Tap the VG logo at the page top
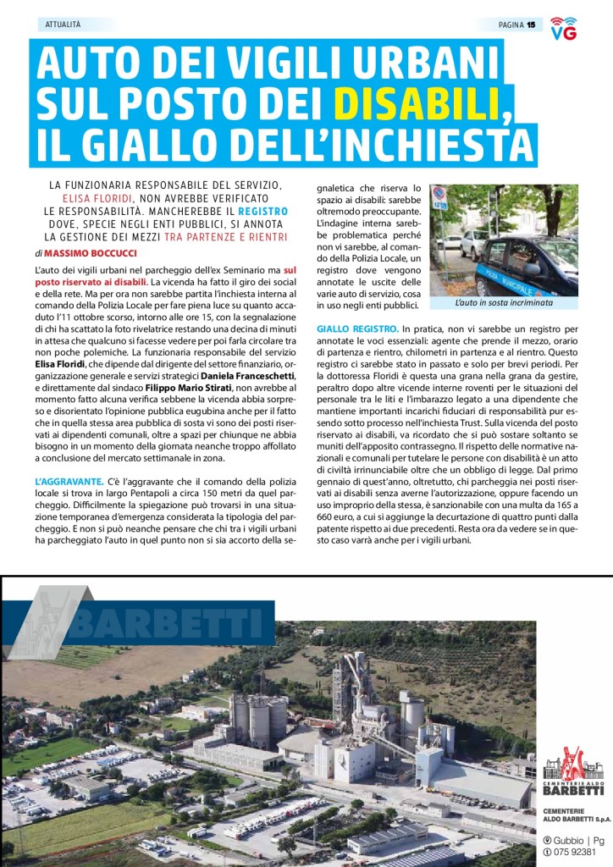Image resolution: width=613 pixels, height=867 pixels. click(x=564, y=28)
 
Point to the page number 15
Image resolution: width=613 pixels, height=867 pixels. click(x=531, y=25)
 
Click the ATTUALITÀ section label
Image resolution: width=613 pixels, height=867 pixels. click(x=64, y=25)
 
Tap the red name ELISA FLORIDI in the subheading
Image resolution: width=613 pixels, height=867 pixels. click(x=98, y=197)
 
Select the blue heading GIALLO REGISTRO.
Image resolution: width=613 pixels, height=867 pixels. click(x=357, y=328)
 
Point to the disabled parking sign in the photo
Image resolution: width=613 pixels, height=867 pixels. click(x=439, y=198)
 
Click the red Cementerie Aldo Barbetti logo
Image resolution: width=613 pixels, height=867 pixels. click(x=574, y=768)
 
